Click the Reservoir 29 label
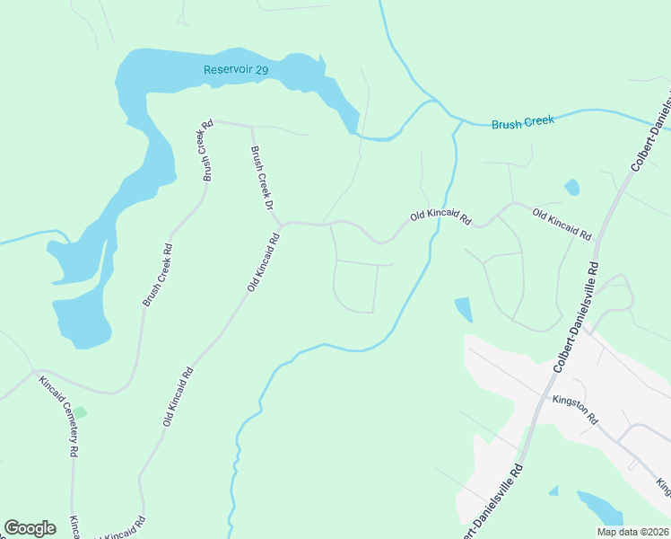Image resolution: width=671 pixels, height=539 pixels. point(236,69)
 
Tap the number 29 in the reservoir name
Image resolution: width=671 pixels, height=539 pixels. point(261,69)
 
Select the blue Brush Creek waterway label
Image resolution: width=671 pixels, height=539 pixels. point(523,122)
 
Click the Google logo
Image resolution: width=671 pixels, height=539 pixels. point(30,528)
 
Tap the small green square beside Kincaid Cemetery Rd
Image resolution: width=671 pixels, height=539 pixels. point(80,412)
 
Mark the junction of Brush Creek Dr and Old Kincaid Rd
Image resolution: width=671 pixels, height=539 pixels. point(283,223)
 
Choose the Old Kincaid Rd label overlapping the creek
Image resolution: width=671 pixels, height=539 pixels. point(440,216)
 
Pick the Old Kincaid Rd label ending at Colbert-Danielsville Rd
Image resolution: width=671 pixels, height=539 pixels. point(562,224)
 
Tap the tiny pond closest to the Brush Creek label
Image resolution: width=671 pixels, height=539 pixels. point(571,188)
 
